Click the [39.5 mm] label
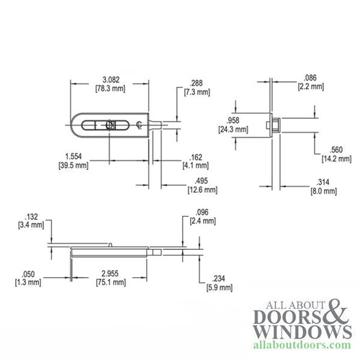coord(72,166)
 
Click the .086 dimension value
coord(308,76)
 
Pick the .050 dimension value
coord(28,274)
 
